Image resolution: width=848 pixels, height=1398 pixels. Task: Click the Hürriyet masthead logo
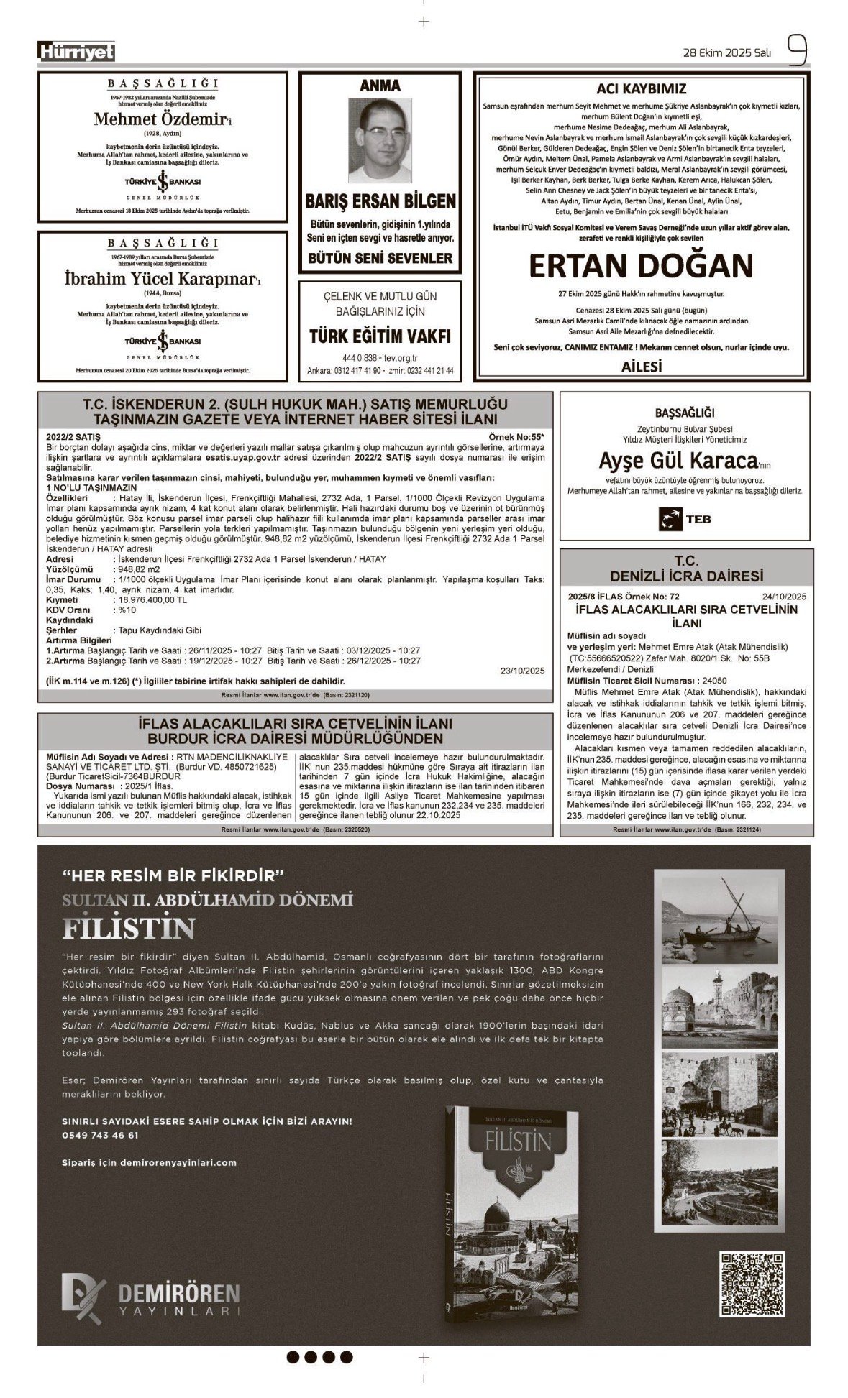click(76, 52)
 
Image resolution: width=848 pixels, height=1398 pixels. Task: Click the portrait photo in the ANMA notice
click(380, 140)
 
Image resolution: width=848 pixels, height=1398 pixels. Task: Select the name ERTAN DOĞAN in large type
click(641, 266)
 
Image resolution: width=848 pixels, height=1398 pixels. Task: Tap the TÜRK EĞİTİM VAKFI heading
click(380, 336)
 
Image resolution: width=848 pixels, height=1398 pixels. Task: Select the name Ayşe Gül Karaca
click(679, 459)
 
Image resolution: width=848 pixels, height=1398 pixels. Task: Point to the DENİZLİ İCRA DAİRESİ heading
click(686, 576)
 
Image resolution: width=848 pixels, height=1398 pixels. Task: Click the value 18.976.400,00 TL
click(152, 599)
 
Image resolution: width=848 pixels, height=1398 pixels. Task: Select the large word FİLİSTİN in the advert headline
click(129, 928)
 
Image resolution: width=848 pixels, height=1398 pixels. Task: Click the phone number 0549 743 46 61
click(101, 1136)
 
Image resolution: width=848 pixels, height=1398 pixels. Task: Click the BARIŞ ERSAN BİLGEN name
click(380, 201)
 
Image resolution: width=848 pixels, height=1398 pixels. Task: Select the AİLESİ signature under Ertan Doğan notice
click(641, 366)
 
